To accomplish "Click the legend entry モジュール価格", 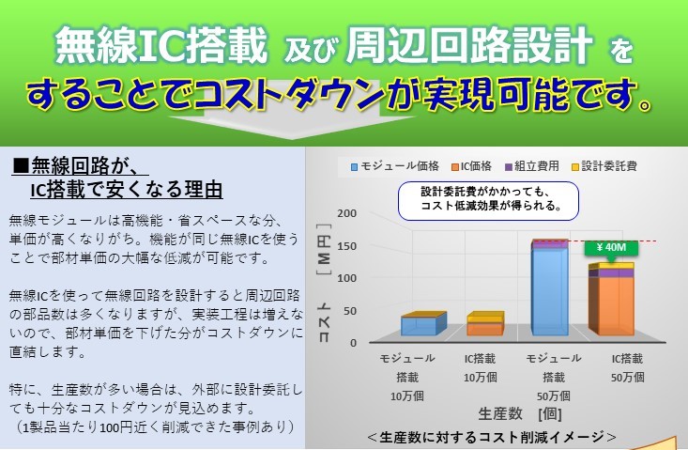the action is [x=395, y=166].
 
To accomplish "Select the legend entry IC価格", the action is [x=472, y=166].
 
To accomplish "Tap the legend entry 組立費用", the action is [x=532, y=166].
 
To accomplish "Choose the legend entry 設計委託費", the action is [x=604, y=166].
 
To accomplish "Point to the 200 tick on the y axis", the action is [x=346, y=213].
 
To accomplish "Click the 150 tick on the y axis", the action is [x=346, y=246].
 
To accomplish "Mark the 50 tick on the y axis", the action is [x=350, y=311].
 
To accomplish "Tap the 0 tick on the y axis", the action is [x=353, y=343].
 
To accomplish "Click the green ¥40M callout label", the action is [x=611, y=248].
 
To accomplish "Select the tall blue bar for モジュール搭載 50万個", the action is [x=549, y=290].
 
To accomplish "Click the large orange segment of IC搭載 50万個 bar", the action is [x=616, y=306].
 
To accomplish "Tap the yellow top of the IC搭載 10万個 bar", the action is [x=485, y=318].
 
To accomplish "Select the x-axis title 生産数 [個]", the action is [x=519, y=413].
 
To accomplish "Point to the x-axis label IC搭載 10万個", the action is [x=480, y=368].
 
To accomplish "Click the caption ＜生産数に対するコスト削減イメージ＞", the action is [x=492, y=437].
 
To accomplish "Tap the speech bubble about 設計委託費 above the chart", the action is [x=488, y=201].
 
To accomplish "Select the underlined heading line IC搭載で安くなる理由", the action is [x=127, y=189].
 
